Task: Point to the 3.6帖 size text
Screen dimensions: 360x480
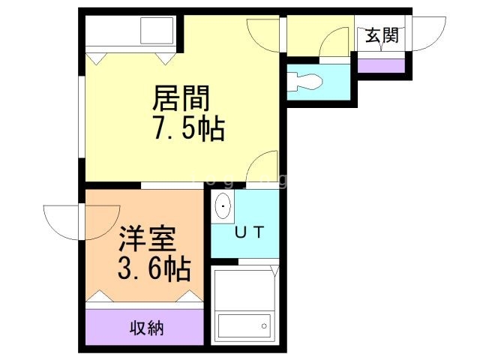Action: click(153, 268)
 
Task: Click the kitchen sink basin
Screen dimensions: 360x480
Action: click(155, 32)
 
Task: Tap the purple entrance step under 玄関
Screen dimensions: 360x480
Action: click(382, 64)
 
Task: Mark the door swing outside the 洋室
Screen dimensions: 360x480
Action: click(61, 223)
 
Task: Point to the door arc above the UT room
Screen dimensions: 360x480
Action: click(264, 168)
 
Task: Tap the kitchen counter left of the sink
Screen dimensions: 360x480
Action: click(111, 32)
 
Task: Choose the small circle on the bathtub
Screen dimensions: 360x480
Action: click(263, 325)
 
